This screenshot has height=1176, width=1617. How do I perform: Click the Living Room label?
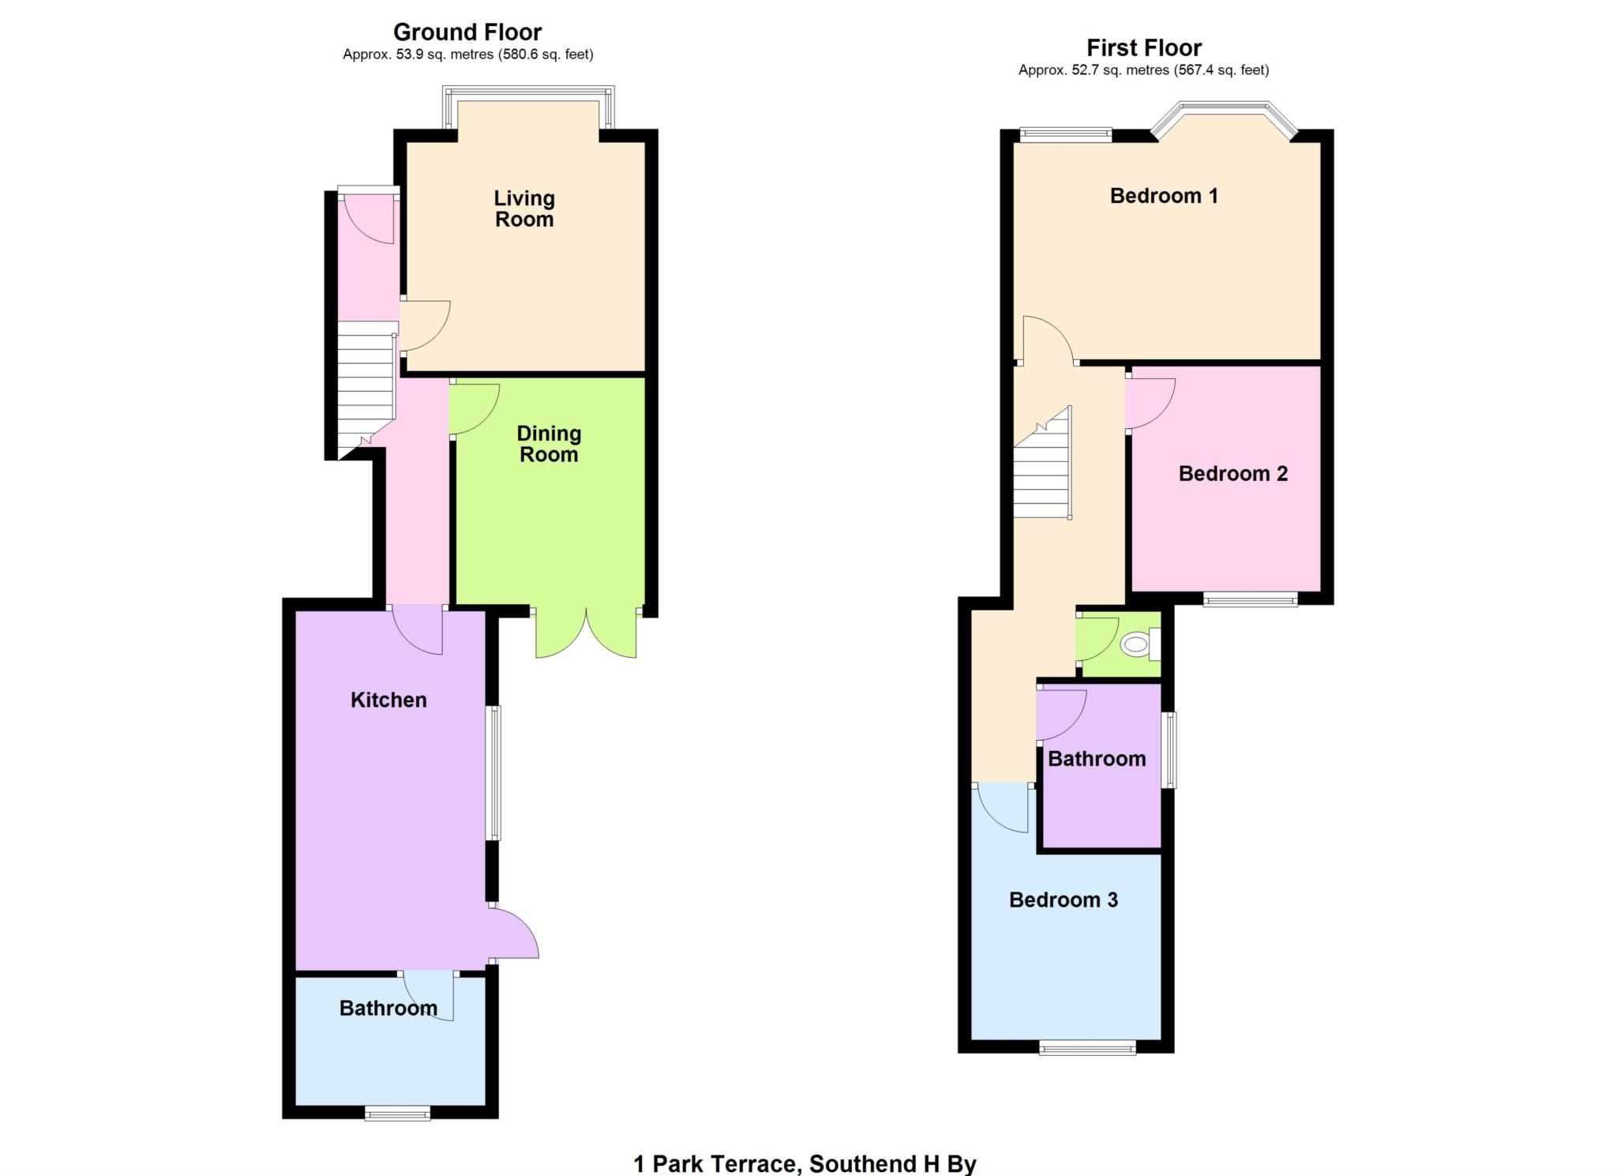[x=524, y=209]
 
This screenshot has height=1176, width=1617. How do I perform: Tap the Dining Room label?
[x=549, y=444]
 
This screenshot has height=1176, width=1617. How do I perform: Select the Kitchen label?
[x=388, y=700]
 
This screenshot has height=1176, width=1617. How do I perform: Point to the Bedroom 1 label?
[x=1164, y=196]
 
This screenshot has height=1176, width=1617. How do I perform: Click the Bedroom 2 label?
[x=1232, y=474]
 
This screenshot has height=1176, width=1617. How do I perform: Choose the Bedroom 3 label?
[x=1064, y=900]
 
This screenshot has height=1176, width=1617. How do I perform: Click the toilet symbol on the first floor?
[x=1136, y=644]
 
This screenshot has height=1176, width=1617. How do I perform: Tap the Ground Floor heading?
[x=467, y=32]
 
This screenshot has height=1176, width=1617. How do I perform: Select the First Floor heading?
[x=1143, y=48]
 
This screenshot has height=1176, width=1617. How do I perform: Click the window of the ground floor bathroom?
[x=397, y=1114]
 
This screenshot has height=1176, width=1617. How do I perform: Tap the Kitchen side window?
[x=494, y=772]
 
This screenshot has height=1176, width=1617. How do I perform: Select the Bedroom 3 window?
[x=1088, y=1048]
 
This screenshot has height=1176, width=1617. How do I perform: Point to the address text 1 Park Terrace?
[x=715, y=1163]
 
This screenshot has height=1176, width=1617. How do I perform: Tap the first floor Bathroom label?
[x=1097, y=759]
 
